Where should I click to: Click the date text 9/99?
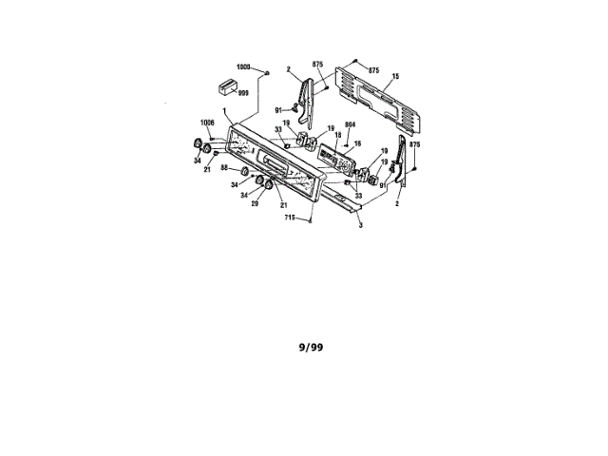click(x=310, y=348)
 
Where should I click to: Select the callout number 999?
click(x=244, y=93)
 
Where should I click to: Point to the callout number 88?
click(x=225, y=168)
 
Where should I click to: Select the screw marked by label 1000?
click(x=268, y=71)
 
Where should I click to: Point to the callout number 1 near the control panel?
click(x=223, y=112)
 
